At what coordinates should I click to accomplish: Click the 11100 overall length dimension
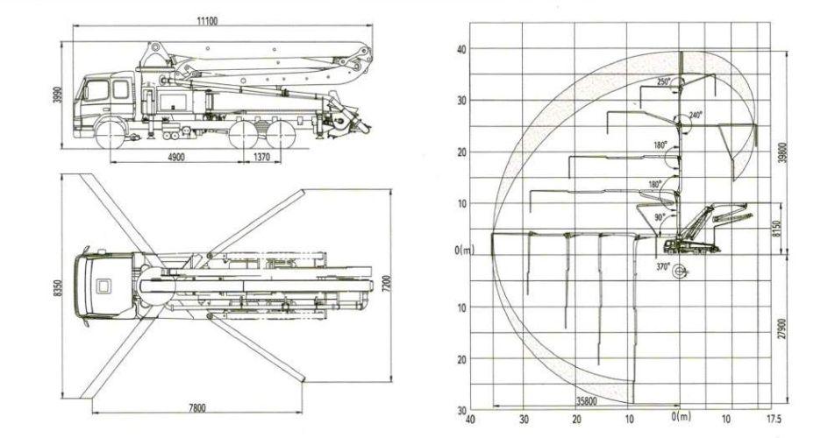pyautogui.click(x=207, y=21)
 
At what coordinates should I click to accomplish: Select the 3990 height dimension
pyautogui.click(x=58, y=95)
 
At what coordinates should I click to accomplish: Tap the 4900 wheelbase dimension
pyautogui.click(x=175, y=157)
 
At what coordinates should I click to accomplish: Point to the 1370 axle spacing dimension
pyautogui.click(x=261, y=157)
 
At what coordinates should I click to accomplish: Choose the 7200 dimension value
pyautogui.click(x=387, y=283)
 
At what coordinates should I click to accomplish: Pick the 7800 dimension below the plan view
pyautogui.click(x=196, y=407)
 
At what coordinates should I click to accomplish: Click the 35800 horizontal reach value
pyautogui.click(x=586, y=401)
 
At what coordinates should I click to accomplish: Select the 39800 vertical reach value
pyautogui.click(x=782, y=153)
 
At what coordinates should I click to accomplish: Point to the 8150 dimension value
pyautogui.click(x=776, y=230)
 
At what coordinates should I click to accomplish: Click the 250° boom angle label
pyautogui.click(x=663, y=81)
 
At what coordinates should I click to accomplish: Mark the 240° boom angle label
pyautogui.click(x=696, y=114)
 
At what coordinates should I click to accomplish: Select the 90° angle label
pyautogui.click(x=660, y=217)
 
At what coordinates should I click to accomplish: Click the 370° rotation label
pyautogui.click(x=663, y=267)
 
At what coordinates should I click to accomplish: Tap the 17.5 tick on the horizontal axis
pyautogui.click(x=774, y=419)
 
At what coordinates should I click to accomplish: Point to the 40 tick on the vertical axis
pyautogui.click(x=461, y=49)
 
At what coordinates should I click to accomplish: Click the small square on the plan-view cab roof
pyautogui.click(x=103, y=286)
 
